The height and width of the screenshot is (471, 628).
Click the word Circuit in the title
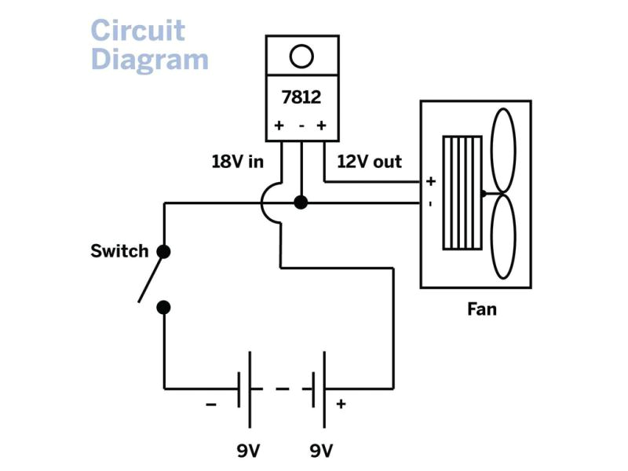click(137, 31)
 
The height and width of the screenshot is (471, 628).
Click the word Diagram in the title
click(149, 59)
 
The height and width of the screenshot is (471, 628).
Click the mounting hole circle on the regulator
click(301, 56)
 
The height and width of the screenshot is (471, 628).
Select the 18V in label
click(236, 162)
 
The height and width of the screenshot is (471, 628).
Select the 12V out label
click(369, 162)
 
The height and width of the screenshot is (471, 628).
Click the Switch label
click(119, 251)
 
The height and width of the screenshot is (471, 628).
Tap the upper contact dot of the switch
click(163, 251)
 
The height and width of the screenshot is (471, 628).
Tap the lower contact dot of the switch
click(163, 307)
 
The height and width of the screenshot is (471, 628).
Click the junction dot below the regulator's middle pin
click(300, 203)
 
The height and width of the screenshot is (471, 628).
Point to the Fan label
click(481, 309)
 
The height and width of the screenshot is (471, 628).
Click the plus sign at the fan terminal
click(430, 181)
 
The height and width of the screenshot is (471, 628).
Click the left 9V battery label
click(248, 451)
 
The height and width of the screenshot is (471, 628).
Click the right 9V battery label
click(321, 451)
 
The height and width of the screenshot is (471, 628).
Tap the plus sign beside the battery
click(341, 404)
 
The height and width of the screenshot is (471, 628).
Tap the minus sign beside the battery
click(211, 404)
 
